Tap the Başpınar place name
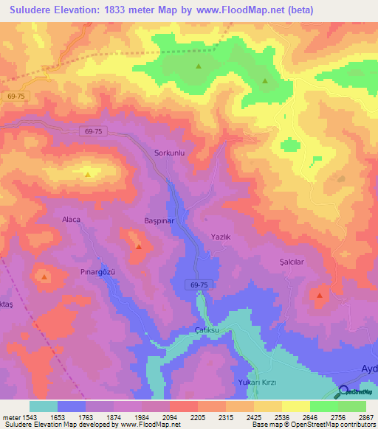coord(158,220)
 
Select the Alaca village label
coord(71,220)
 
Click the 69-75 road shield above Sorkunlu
coord(93,130)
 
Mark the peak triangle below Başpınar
coord(138,247)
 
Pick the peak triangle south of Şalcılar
coord(319,296)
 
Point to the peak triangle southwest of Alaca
coord(44,278)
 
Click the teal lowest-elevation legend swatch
coord(44,406)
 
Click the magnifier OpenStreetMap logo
coord(344,391)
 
